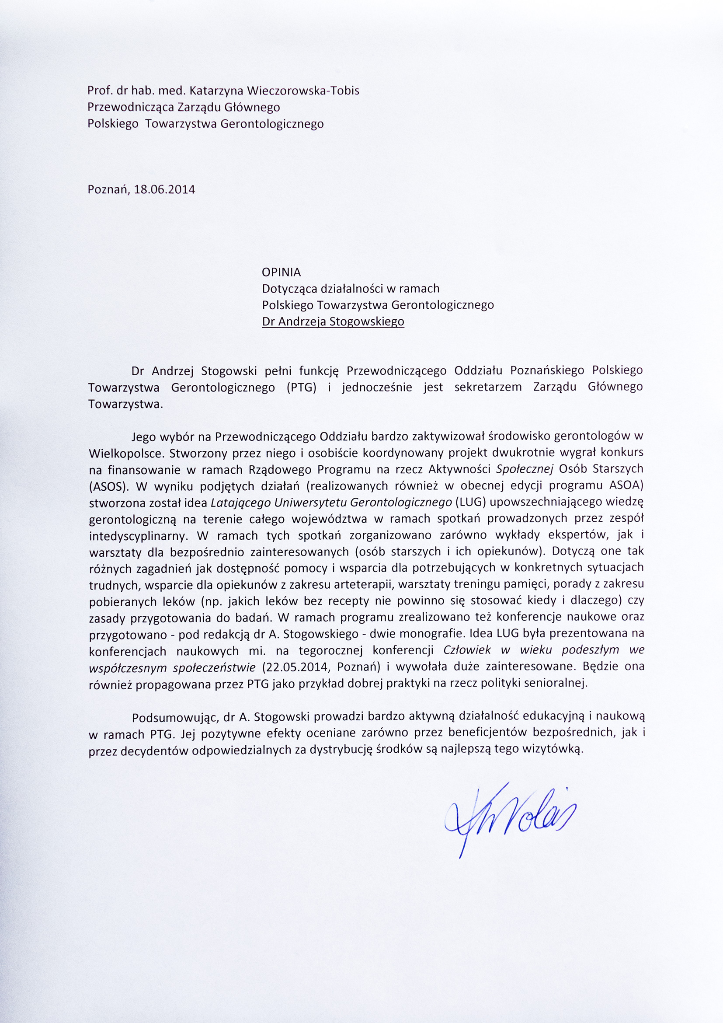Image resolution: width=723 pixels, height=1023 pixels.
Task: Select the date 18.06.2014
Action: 164,189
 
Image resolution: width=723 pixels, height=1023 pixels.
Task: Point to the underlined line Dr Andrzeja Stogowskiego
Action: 333,321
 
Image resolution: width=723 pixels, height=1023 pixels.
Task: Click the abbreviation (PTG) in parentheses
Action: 302,387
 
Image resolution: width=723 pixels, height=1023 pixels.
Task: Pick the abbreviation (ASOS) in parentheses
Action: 106,486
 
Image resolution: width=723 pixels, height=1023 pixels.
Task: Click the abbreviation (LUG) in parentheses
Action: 469,502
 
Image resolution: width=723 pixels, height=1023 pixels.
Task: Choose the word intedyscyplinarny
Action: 134,536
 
